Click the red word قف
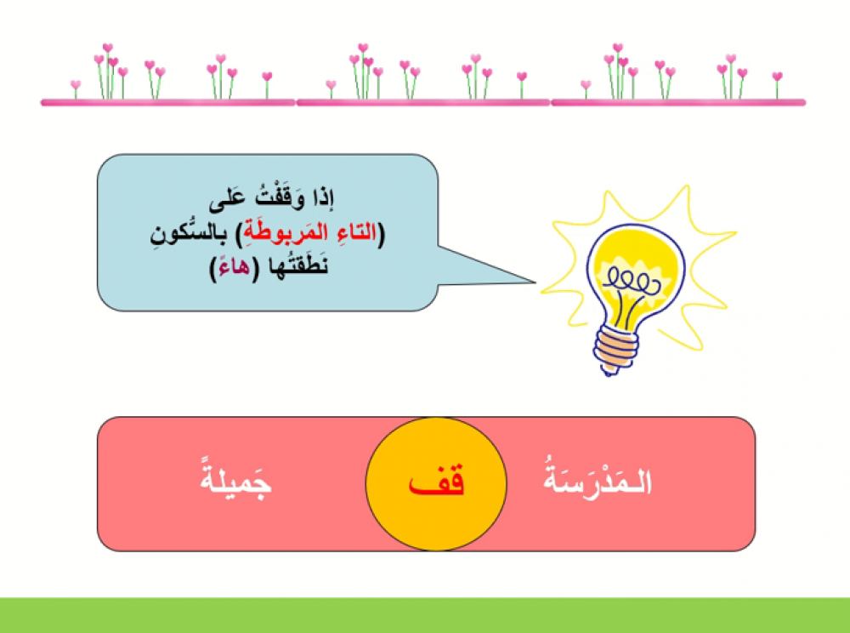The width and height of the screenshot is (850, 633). click(x=436, y=482)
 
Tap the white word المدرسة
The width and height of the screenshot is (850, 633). click(x=597, y=477)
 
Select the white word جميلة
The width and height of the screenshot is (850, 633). click(x=235, y=477)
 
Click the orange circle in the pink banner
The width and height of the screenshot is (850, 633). click(x=436, y=484)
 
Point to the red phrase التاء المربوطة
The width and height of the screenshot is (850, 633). click(x=310, y=232)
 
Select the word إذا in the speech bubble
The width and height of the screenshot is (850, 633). click(x=322, y=198)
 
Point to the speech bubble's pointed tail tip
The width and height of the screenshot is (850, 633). click(x=535, y=282)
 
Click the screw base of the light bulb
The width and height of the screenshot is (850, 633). click(x=615, y=348)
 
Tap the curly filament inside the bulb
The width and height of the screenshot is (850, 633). click(x=632, y=282)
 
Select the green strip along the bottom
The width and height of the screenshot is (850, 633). click(x=425, y=615)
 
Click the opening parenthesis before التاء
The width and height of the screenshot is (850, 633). click(x=381, y=234)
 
